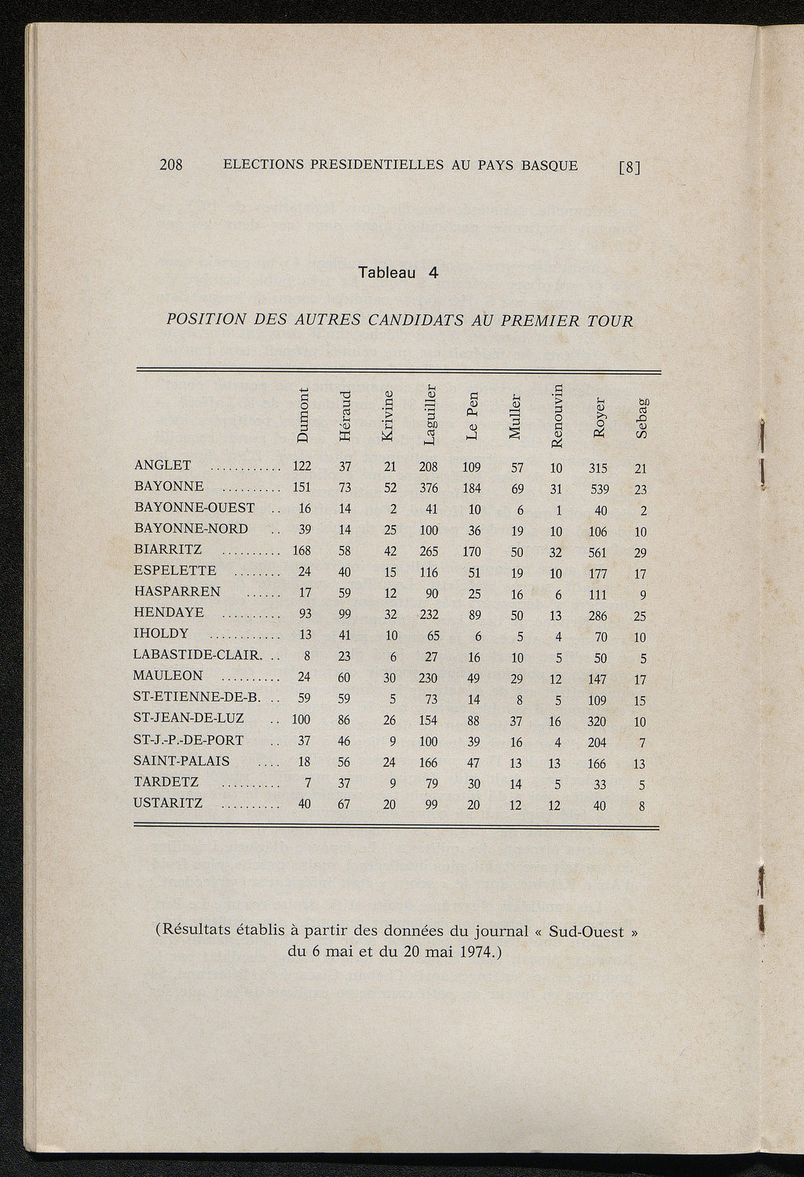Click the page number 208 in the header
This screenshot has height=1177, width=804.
[171, 165]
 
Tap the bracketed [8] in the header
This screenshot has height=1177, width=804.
[630, 167]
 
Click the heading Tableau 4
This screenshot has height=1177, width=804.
[397, 273]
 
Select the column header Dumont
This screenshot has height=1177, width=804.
[303, 415]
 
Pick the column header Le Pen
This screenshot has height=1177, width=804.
[471, 416]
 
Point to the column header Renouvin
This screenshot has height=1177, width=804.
[557, 413]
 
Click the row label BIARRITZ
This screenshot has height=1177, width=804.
[168, 549]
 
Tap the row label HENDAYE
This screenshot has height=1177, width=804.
[169, 612]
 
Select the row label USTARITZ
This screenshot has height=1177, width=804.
[168, 803]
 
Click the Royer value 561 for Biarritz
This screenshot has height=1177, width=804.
[599, 552]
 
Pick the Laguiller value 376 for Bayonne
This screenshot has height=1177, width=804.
[429, 488]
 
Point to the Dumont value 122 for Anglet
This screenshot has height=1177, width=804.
[301, 467]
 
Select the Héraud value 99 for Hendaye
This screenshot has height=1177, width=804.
[345, 614]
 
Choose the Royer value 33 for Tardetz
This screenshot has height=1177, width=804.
[599, 784]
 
